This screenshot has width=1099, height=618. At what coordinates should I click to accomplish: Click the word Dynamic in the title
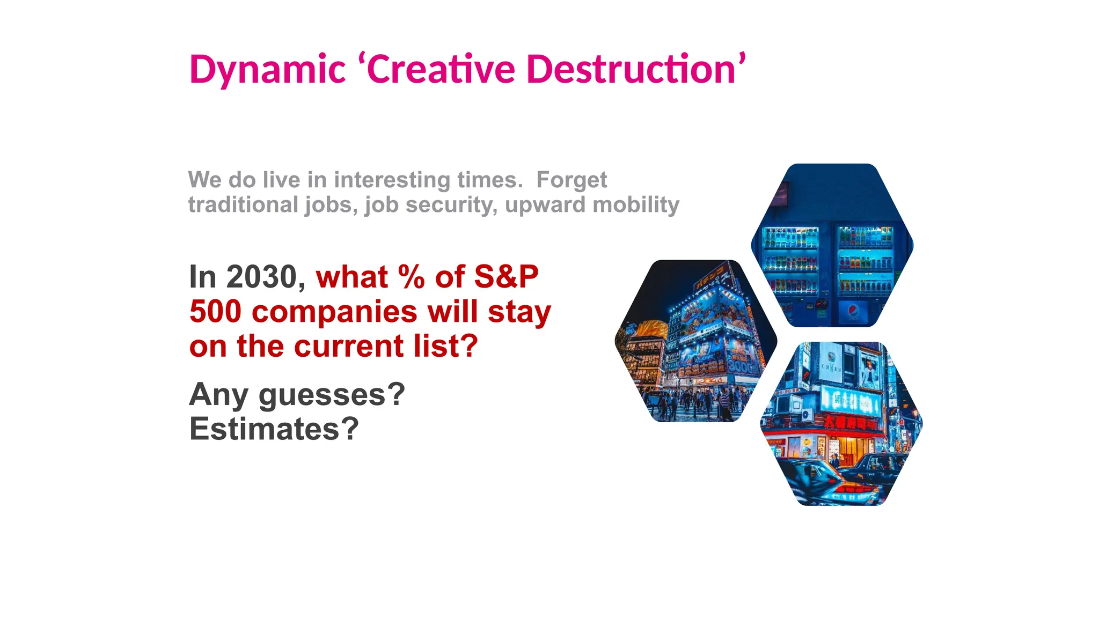[267, 70]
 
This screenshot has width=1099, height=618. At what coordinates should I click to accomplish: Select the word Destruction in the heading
[631, 70]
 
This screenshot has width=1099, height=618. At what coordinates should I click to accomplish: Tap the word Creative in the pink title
[441, 70]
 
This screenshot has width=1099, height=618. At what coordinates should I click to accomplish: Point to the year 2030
[262, 277]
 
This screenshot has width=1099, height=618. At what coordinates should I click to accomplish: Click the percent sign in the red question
[411, 277]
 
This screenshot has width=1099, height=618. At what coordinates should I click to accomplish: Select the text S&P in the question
[506, 277]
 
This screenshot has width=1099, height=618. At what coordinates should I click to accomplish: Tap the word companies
[334, 313]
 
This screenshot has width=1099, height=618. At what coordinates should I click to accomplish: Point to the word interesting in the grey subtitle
[392, 180]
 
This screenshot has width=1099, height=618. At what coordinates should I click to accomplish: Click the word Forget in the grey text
[572, 180]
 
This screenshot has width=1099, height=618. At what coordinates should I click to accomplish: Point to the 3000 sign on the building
[743, 366]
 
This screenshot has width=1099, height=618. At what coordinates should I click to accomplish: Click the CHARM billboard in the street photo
[831, 367]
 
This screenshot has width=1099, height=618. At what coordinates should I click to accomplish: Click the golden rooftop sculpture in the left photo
[651, 328]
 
